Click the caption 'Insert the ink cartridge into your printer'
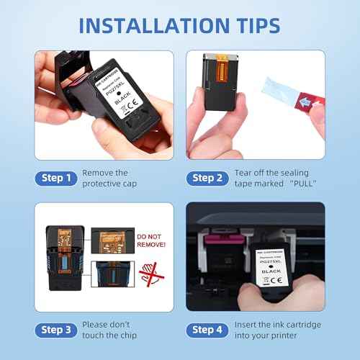277,330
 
